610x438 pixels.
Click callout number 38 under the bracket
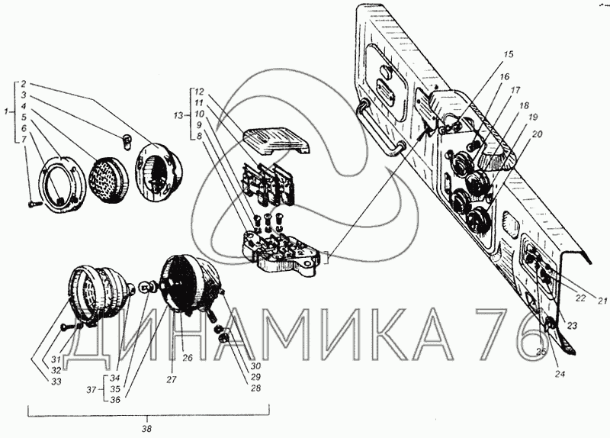153,428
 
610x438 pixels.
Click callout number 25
541,352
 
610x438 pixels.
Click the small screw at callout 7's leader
31,204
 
